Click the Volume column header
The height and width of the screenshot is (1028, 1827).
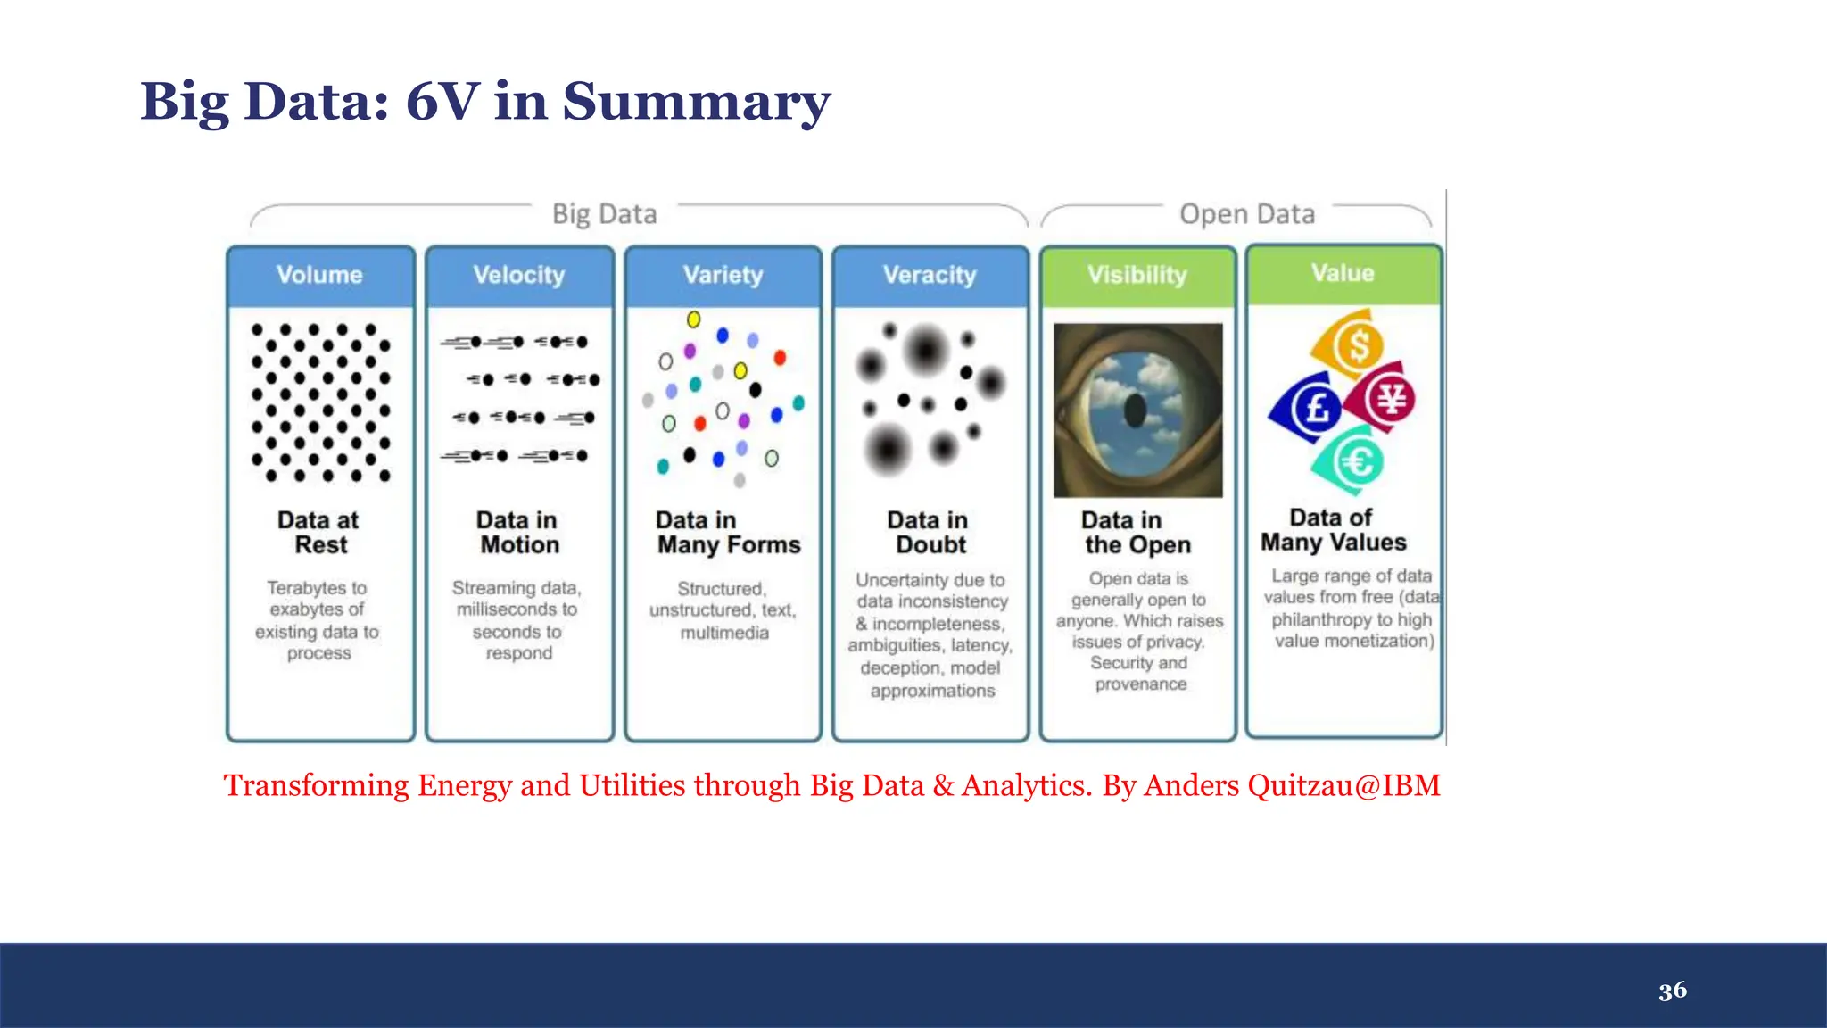coord(319,275)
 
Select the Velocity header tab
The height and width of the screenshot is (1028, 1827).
coord(519,275)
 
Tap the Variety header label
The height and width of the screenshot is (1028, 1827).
coord(723,275)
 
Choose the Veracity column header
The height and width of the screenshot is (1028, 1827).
coord(930,275)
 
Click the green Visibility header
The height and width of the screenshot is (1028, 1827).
coord(1137,275)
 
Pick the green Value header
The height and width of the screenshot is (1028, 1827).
coord(1343,273)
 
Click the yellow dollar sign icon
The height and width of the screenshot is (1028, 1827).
coord(1357,344)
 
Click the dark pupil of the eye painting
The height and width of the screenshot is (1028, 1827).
coord(1136,410)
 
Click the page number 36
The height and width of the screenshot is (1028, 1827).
coord(1673,991)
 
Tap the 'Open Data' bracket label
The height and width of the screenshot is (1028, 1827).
coord(1247,214)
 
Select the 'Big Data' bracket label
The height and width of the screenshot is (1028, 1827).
coord(604,214)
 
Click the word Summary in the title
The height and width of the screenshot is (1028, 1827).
coord(696,102)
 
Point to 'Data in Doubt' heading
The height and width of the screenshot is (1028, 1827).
coord(929,533)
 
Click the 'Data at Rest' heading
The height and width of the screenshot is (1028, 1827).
coord(318,533)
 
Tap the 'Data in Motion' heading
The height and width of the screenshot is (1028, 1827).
coord(518,533)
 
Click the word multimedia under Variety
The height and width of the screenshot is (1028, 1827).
coord(723,633)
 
